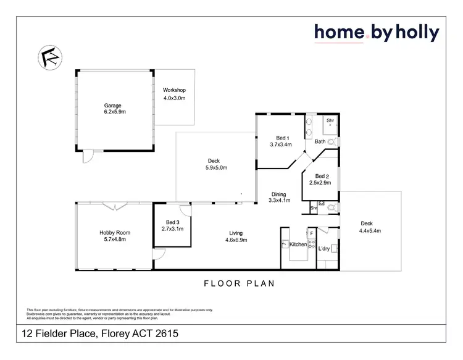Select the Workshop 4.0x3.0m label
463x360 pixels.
[x=174, y=94]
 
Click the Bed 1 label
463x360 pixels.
[x=280, y=141]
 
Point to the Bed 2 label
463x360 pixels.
[x=323, y=179]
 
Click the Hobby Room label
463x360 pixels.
[x=115, y=236]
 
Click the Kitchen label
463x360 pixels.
[x=298, y=245]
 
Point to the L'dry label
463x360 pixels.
[x=324, y=248]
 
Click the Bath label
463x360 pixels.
[x=320, y=141]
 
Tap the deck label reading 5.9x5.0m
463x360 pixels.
[x=217, y=164]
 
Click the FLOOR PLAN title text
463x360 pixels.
[x=238, y=284]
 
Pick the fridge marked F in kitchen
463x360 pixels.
[x=312, y=233]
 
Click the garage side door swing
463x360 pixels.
[x=88, y=157]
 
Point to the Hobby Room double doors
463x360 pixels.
[x=115, y=207]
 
